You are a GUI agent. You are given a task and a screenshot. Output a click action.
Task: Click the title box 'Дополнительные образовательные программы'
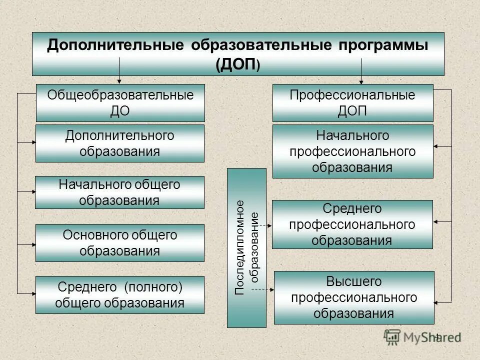(x=238, y=54)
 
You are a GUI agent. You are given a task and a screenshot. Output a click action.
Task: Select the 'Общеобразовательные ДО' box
(x=120, y=103)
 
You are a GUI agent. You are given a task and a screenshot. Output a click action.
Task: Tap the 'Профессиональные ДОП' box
(x=352, y=103)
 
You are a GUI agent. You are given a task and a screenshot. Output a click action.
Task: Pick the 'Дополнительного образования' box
(x=120, y=143)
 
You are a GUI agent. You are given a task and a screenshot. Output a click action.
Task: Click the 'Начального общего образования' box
(x=120, y=192)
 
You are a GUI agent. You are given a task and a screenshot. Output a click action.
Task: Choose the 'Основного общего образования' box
(x=120, y=243)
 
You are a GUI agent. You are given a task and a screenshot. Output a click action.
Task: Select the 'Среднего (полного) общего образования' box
(x=120, y=295)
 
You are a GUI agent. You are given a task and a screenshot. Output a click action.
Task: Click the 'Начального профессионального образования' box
(x=352, y=151)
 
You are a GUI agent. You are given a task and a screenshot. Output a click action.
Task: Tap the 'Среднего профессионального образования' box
(x=352, y=224)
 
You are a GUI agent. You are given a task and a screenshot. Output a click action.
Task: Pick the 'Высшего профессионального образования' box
(x=353, y=298)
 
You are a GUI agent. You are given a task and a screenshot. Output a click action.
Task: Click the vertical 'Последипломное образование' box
(x=246, y=248)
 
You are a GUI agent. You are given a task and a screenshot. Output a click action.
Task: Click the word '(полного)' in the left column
(x=153, y=287)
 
